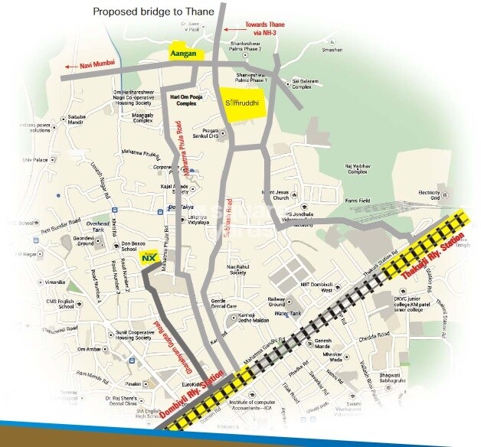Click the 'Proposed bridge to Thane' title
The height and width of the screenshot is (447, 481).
(x=152, y=11)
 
